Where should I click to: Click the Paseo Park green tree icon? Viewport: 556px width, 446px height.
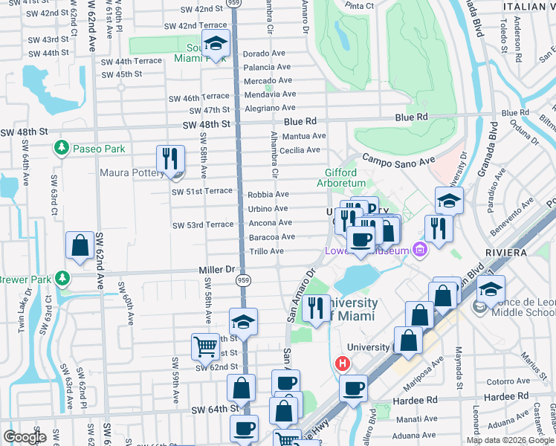[61, 149]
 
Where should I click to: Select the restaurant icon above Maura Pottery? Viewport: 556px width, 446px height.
[170, 158]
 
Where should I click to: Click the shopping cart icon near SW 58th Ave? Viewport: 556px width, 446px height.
[205, 346]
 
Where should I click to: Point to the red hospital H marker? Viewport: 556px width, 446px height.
[342, 363]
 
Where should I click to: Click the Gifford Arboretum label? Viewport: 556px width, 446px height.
[341, 177]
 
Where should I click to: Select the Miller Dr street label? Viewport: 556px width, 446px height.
[216, 268]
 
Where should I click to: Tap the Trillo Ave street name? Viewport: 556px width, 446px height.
[266, 251]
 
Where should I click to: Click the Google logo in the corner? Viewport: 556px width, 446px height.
[25, 437]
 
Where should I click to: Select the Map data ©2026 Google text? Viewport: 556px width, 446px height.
[510, 440]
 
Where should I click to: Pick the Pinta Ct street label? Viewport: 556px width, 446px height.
[359, 5]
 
